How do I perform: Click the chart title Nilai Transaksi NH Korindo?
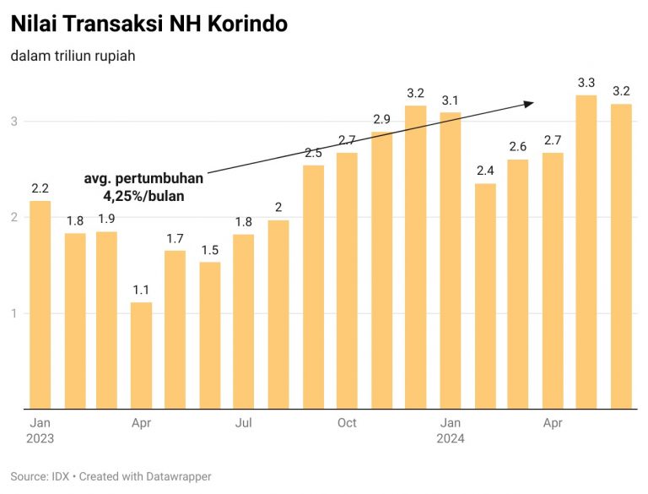point(149,24)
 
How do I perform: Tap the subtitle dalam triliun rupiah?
point(73,57)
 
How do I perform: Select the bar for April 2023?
point(141,356)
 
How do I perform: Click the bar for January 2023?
point(40,305)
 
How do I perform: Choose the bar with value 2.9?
point(381,270)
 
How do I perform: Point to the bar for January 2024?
point(450,261)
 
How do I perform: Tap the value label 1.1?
point(141,290)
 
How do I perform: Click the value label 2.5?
point(313,153)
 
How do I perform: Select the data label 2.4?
point(484,171)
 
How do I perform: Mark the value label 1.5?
point(210,250)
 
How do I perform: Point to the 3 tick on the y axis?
point(13,122)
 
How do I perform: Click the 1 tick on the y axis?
point(13,314)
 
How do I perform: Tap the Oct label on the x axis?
point(347,422)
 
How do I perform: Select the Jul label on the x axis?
point(244,422)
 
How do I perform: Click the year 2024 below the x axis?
point(450,439)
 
